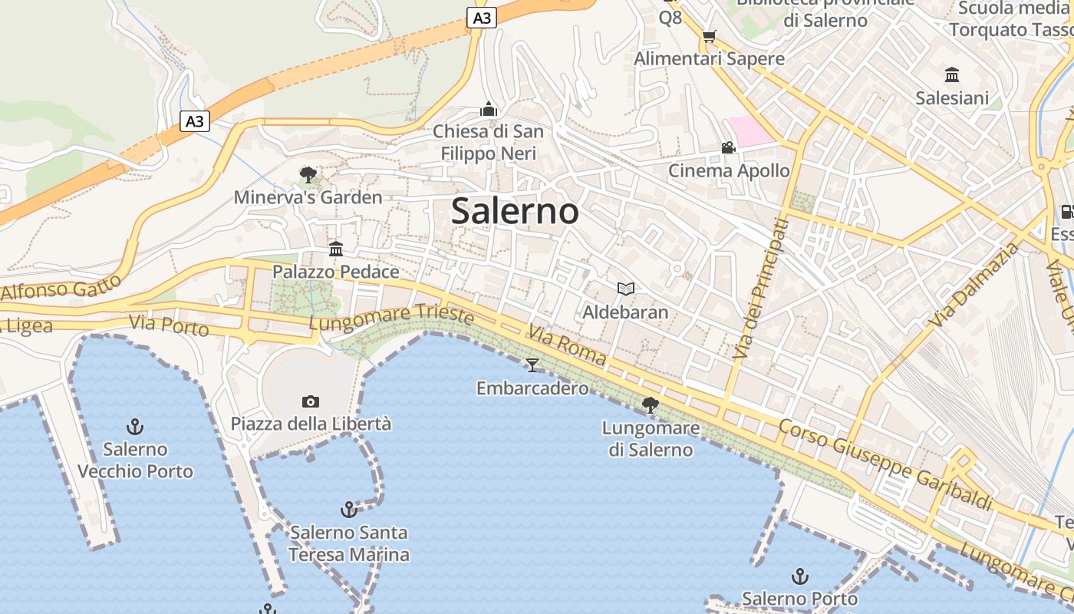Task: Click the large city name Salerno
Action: tap(515, 211)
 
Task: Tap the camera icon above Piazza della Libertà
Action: tap(311, 401)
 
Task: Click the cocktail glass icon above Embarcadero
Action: tap(532, 365)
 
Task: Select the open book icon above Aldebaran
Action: tap(626, 289)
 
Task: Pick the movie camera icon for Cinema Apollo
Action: tap(728, 147)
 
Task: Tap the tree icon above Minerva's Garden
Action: tap(308, 175)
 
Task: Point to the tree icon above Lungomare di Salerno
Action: tap(651, 404)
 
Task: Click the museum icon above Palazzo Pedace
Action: tap(336, 249)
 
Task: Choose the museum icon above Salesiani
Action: tap(952, 75)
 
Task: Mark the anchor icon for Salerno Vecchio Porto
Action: tap(135, 426)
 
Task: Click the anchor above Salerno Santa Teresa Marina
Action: tap(349, 510)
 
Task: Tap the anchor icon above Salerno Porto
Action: tap(800, 576)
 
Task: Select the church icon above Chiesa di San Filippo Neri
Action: tap(489, 109)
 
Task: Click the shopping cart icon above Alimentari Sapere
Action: tap(710, 36)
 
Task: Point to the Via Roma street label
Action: tap(567, 345)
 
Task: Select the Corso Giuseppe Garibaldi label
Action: tap(885, 464)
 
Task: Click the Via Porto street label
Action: tap(169, 325)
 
